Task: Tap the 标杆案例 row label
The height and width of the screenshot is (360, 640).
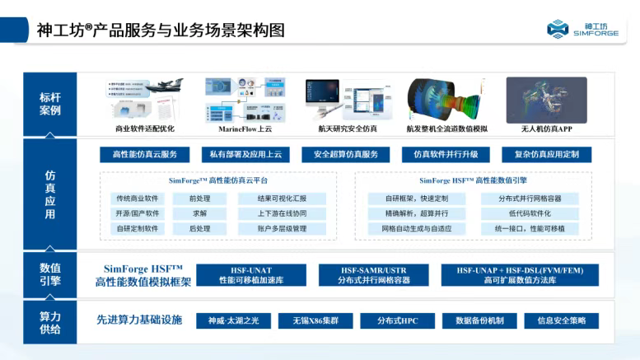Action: tap(50, 103)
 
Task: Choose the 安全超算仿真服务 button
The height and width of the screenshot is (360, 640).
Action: tap(346, 154)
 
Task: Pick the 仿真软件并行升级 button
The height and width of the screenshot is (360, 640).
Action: tap(446, 154)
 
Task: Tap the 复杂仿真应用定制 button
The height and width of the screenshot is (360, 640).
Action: tap(547, 154)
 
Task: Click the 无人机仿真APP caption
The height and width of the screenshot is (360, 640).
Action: tap(547, 129)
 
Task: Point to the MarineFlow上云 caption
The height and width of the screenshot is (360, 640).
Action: tap(245, 129)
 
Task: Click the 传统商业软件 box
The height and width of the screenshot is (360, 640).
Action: tap(138, 199)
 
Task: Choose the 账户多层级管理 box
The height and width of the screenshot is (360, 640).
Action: tap(282, 228)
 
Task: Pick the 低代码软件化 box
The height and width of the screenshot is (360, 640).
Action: tap(530, 213)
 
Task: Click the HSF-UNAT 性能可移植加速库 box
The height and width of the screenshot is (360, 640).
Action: tap(250, 275)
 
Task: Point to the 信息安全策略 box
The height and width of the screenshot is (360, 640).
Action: tap(561, 320)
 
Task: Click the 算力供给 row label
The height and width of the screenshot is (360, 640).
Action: tap(50, 322)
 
